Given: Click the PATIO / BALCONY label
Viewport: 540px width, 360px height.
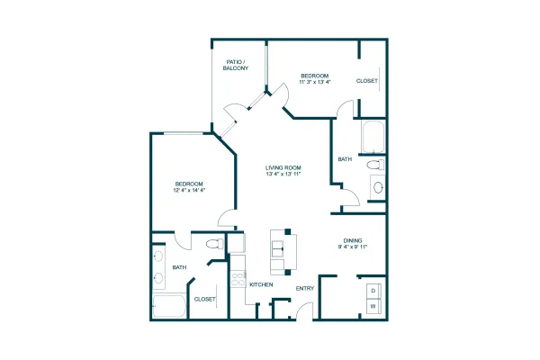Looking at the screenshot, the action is coord(236,65).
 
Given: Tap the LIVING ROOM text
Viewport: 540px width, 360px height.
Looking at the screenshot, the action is coord(283,167).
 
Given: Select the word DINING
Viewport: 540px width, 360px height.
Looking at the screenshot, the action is coord(353,240).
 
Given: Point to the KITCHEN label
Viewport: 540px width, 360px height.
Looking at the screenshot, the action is coord(261,284).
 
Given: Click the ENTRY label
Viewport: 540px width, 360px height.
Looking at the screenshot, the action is coord(305,288).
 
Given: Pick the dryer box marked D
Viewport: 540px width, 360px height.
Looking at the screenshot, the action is coord(373,291).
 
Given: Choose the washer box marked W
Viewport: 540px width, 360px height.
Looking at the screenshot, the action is coord(373,306).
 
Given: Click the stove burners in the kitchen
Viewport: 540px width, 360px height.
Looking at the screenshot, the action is coord(238,279).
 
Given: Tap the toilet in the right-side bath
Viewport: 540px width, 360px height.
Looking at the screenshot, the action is coord(375,165).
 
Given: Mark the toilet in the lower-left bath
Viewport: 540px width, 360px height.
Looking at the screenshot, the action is coord(214,244).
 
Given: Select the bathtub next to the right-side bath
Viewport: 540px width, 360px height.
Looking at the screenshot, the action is coord(373,137).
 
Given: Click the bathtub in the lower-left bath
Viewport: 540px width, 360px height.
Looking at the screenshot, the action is coord(169,306).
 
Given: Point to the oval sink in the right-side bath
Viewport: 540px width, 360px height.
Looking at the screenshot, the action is coord(378,187).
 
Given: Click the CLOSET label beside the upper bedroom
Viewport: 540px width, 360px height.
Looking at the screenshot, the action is coord(367,81).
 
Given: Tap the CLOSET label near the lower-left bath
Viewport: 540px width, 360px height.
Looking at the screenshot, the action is coord(205,300).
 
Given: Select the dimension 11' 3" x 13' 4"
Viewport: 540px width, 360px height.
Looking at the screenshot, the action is coord(315,82).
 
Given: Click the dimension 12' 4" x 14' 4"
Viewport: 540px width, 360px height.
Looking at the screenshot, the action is coord(189,190).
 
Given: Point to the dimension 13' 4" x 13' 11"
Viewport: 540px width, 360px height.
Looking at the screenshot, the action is coord(283,174).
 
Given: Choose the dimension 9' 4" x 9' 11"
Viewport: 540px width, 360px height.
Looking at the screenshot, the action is coord(353,247).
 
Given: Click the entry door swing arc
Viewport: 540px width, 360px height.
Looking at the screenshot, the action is coord(302,307).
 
